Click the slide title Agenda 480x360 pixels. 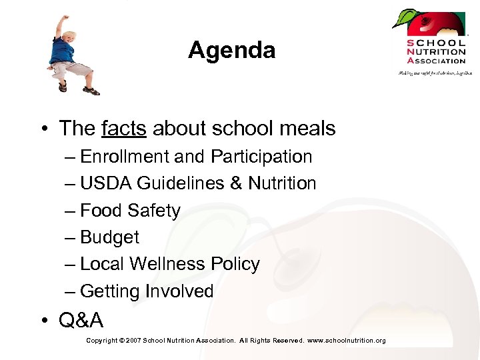pos(231,50)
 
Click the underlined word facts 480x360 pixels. pos(124,128)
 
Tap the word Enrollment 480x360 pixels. pos(124,157)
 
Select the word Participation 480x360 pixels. pos(261,157)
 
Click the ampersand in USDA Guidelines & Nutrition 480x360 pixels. pos(235,183)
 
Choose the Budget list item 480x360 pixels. pos(109,237)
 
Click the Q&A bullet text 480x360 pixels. pos(81,321)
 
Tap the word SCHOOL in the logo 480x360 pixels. pos(437,43)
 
